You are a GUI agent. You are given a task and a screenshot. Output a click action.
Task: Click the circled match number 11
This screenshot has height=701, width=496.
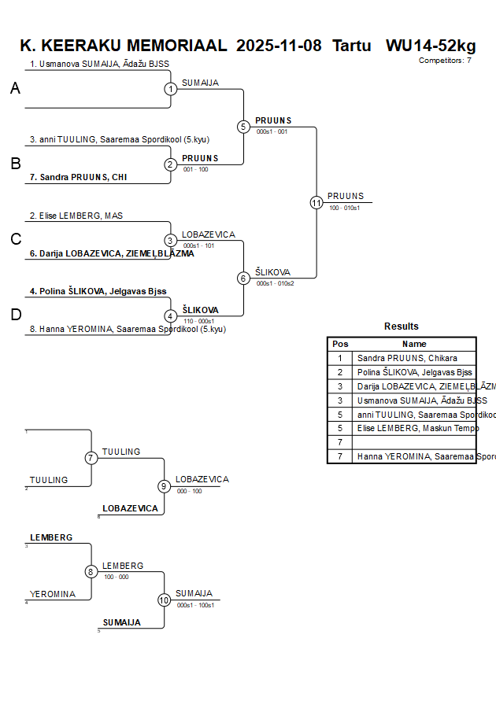(316, 203)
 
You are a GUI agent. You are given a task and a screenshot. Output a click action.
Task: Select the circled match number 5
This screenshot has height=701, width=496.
(243, 127)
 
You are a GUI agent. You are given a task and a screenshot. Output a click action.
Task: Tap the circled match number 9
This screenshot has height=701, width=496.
(164, 486)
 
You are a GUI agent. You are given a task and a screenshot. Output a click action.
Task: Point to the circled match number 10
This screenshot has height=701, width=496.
(164, 600)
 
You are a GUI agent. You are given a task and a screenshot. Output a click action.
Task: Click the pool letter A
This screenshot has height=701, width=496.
(15, 89)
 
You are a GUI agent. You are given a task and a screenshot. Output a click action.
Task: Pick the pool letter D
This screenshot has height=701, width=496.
(15, 315)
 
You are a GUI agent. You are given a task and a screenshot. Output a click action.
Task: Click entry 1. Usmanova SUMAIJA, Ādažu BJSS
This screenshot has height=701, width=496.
(99, 64)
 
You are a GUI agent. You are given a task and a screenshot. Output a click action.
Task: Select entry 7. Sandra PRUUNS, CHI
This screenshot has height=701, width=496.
(78, 177)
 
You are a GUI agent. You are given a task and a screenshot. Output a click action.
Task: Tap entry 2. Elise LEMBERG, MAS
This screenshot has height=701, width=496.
(76, 216)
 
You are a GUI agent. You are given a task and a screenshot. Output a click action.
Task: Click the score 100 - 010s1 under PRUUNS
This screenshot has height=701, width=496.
(345, 208)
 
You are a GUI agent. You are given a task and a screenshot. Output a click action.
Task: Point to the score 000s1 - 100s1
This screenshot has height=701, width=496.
(196, 605)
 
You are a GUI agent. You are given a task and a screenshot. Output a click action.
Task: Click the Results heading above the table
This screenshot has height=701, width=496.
(402, 327)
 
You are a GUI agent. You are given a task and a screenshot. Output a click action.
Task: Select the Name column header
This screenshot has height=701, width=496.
(414, 344)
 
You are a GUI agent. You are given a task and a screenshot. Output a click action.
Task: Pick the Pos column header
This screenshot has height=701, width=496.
(340, 344)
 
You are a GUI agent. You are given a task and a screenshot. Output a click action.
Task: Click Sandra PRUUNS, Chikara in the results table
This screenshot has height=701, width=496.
(407, 358)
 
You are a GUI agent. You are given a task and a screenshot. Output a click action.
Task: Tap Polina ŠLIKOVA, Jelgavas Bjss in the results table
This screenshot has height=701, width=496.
(415, 372)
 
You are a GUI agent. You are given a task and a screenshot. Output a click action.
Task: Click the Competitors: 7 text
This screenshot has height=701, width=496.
(445, 60)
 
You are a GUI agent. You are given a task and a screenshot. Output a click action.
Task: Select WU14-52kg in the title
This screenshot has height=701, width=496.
(431, 46)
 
